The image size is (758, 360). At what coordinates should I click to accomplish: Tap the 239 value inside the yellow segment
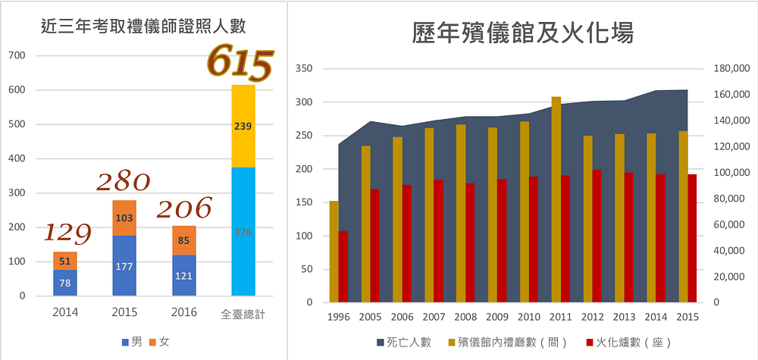tap(243, 126)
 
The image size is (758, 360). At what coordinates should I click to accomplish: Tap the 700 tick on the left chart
tap(17, 56)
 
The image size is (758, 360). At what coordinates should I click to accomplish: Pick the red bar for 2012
tap(597, 236)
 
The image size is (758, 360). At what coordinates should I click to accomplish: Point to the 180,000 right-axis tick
tap(731, 69)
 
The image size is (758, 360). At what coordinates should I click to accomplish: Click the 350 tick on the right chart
tap(302, 69)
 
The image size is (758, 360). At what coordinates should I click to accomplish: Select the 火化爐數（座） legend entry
tap(629, 343)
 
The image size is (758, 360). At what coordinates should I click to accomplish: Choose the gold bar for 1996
tap(334, 251)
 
